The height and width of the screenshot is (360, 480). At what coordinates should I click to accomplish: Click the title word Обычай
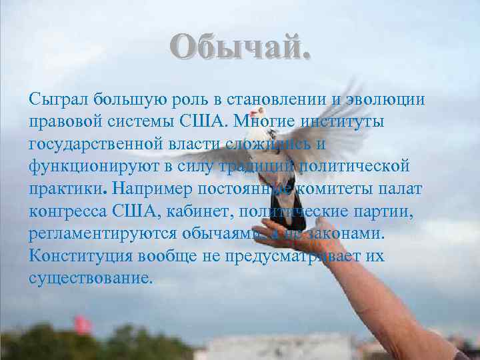click(239, 49)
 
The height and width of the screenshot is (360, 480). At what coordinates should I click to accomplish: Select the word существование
click(90, 279)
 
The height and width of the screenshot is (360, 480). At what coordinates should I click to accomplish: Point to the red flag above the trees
click(83, 325)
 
